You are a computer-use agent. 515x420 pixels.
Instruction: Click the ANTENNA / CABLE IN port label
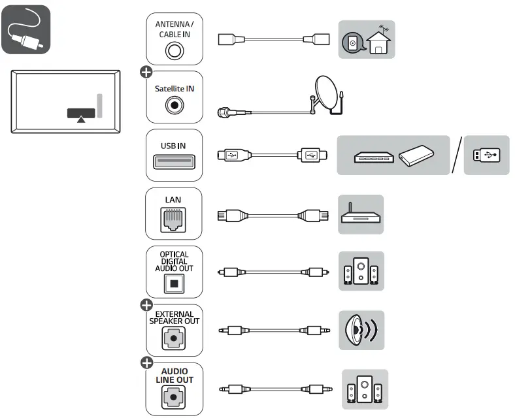click(174, 29)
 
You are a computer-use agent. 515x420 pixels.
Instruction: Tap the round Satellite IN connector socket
click(174, 103)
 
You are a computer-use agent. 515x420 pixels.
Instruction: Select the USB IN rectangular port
click(174, 160)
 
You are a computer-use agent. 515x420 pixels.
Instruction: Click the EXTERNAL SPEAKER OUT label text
click(174, 317)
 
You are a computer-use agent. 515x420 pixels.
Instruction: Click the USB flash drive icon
click(487, 155)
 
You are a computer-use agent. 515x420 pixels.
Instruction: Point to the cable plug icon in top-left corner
click(25, 29)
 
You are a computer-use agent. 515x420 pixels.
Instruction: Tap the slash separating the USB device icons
click(456, 155)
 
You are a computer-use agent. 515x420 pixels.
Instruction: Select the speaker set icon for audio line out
click(364, 389)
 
